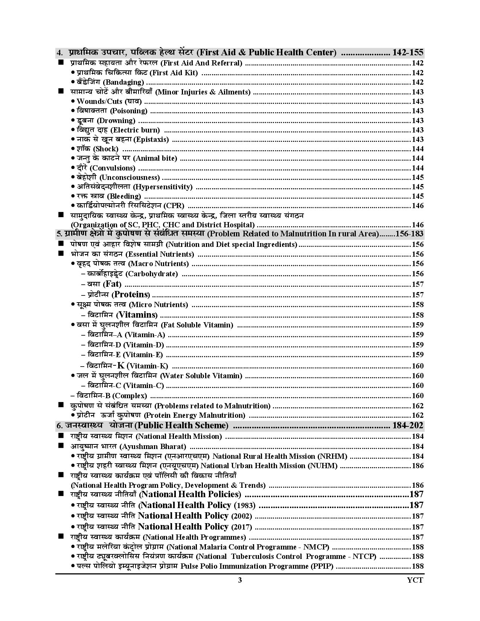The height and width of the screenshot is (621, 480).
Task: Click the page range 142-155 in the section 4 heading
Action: [408, 52]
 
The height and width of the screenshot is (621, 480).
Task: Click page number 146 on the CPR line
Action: [418, 206]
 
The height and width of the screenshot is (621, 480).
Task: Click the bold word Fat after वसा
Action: [113, 284]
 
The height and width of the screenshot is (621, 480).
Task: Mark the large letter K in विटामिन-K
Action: [121, 365]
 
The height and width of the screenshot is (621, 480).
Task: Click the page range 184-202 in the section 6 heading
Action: [408, 426]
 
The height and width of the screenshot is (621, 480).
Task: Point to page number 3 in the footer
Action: [240, 580]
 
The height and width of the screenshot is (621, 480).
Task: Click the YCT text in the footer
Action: [415, 580]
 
